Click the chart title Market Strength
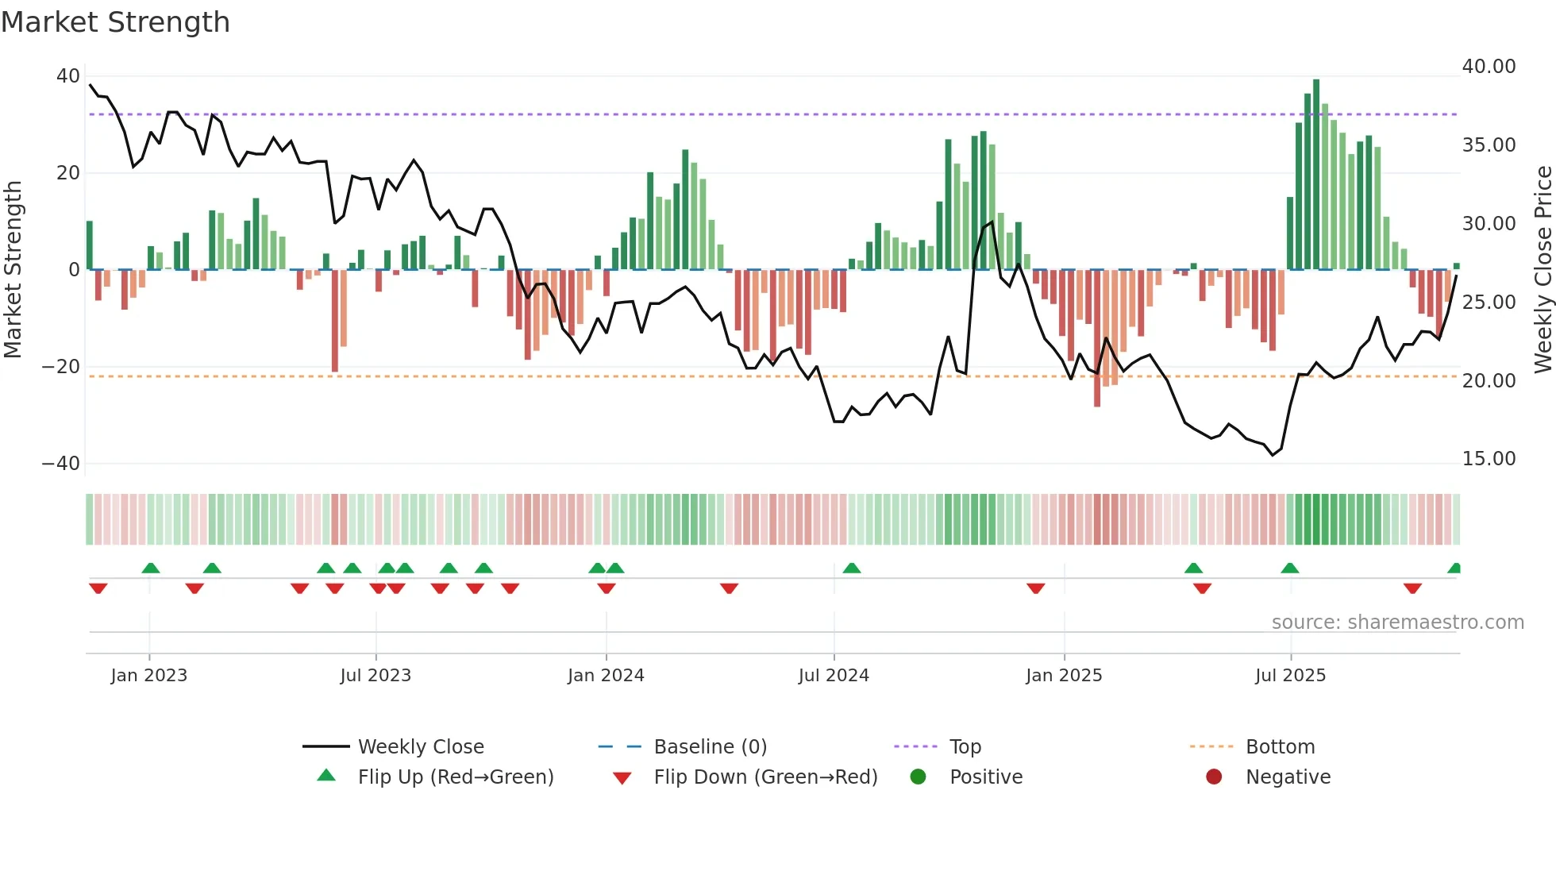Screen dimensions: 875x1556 pyautogui.click(x=115, y=22)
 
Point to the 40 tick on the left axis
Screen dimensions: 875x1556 pyautogui.click(x=68, y=76)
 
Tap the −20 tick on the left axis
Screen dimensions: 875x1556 pyautogui.click(x=61, y=367)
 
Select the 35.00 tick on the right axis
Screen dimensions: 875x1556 pyautogui.click(x=1489, y=145)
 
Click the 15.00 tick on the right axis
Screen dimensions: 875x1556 pyautogui.click(x=1489, y=459)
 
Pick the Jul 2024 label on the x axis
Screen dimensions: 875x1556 pyautogui.click(x=834, y=676)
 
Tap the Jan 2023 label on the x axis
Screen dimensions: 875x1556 pyautogui.click(x=149, y=676)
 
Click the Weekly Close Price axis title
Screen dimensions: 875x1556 pyautogui.click(x=1543, y=270)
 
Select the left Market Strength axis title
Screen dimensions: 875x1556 pyautogui.click(x=13, y=270)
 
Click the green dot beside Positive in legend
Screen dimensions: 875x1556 pyautogui.click(x=919, y=777)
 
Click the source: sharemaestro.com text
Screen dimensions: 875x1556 pyautogui.click(x=1397, y=623)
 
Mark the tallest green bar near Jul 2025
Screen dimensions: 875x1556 pyautogui.click(x=1316, y=175)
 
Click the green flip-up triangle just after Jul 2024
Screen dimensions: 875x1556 pyautogui.click(x=852, y=569)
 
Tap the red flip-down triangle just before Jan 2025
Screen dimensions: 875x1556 pyautogui.click(x=1035, y=588)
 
